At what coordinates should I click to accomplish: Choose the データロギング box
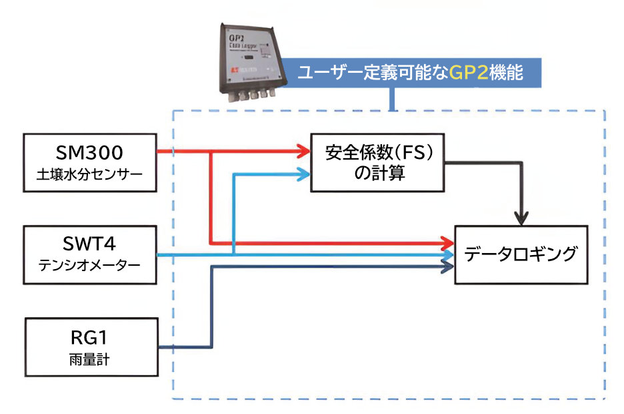[521, 254]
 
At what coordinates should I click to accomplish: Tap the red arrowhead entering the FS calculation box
[304, 151]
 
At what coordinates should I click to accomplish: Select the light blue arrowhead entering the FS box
[304, 175]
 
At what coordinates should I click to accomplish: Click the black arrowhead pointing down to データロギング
[521, 218]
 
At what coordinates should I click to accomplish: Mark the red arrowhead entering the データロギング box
[448, 242]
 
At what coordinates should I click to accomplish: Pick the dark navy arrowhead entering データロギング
[448, 267]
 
